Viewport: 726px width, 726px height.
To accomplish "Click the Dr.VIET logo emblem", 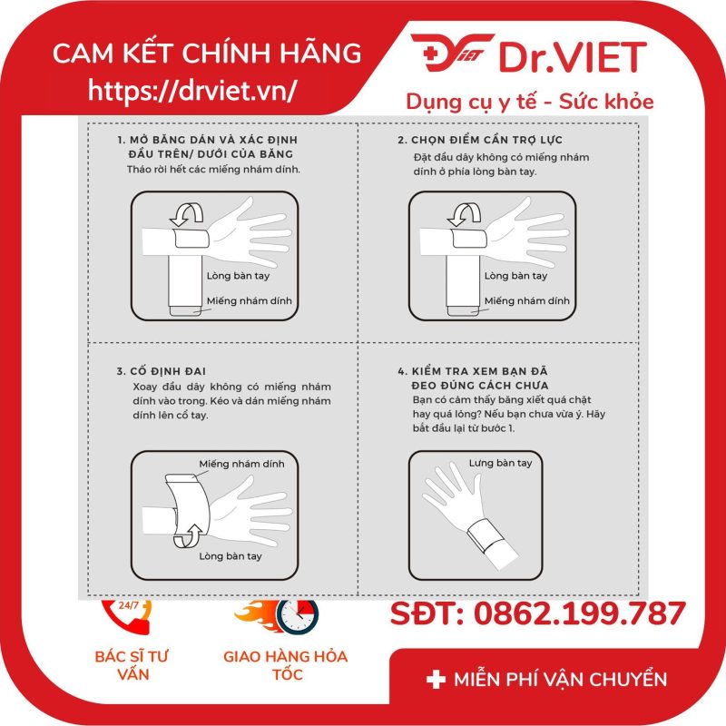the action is [x=451, y=52].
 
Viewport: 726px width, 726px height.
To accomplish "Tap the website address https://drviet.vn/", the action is [x=191, y=89].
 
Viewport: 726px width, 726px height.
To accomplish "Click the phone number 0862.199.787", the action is [x=579, y=614].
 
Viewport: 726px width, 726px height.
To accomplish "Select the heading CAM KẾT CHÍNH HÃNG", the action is [x=207, y=53].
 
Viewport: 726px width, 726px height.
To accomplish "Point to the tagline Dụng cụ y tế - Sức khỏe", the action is [x=530, y=103].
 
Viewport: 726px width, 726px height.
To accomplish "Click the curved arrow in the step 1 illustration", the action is [x=187, y=214].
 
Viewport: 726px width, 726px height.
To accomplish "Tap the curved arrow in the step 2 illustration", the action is [x=465, y=214].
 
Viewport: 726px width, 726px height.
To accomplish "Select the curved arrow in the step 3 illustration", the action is [x=188, y=536].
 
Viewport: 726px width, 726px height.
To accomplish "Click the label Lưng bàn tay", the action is [x=501, y=463].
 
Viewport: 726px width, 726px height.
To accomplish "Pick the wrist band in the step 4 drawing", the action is [x=486, y=536].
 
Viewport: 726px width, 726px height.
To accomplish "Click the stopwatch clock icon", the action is [x=298, y=615].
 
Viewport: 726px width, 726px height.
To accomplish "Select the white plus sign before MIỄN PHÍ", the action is [x=436, y=680].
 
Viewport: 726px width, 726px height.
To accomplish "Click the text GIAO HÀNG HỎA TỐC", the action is [x=286, y=665].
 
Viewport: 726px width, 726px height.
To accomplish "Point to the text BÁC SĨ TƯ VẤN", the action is [x=132, y=665].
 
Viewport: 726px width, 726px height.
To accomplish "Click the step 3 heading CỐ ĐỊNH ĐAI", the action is [x=162, y=371].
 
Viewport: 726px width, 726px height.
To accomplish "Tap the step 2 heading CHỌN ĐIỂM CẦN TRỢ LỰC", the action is [x=480, y=140].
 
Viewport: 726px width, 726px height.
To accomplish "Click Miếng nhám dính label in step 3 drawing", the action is [x=241, y=464].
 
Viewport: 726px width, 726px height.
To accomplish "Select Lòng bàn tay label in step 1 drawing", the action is [x=238, y=276].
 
